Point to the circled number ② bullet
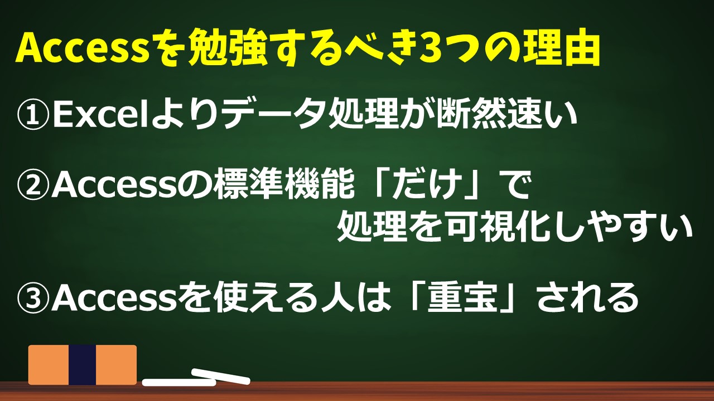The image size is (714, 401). click(x=33, y=184)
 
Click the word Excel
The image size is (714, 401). click(x=102, y=114)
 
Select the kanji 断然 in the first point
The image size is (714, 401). click(x=472, y=114)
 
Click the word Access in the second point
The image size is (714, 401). click(x=115, y=184)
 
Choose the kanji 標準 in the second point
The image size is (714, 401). click(x=250, y=184)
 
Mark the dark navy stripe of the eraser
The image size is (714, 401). click(x=82, y=365)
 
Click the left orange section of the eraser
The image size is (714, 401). click(x=49, y=365)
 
